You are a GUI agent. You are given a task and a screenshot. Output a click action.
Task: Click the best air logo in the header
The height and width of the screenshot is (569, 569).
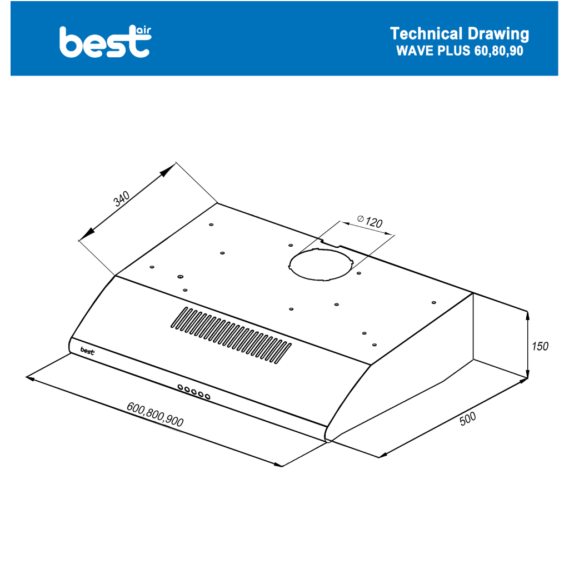pyautogui.click(x=105, y=41)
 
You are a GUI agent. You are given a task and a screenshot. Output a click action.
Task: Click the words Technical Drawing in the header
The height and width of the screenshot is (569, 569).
pyautogui.click(x=460, y=34)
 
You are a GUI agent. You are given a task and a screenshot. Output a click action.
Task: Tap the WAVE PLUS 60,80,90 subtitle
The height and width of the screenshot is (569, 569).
pyautogui.click(x=460, y=51)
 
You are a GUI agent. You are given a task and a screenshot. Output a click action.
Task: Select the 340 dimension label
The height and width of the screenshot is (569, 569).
pyautogui.click(x=122, y=199)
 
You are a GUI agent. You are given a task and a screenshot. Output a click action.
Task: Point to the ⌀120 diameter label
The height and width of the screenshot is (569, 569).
pyautogui.click(x=370, y=221)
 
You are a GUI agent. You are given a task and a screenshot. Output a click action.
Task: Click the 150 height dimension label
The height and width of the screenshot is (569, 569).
pyautogui.click(x=540, y=346)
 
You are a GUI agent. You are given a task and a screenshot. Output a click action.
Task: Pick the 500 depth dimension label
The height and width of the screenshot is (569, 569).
pyautogui.click(x=468, y=419)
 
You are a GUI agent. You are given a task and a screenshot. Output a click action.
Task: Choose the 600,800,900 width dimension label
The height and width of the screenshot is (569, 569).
pyautogui.click(x=155, y=414)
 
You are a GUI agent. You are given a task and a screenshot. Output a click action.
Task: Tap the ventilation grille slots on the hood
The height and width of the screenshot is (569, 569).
pyautogui.click(x=231, y=335)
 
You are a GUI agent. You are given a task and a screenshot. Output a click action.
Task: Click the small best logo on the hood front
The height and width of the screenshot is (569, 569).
pyautogui.click(x=87, y=351)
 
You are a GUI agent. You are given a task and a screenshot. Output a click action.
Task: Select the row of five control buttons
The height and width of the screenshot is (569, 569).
pyautogui.click(x=194, y=392)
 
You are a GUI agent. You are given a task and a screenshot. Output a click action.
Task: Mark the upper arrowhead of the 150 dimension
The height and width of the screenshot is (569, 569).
pyautogui.click(x=527, y=316)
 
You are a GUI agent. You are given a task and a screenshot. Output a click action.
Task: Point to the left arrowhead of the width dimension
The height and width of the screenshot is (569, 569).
pyautogui.click(x=31, y=378)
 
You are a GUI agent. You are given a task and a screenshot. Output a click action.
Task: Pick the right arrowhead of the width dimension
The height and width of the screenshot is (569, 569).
pyautogui.click(x=278, y=464)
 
